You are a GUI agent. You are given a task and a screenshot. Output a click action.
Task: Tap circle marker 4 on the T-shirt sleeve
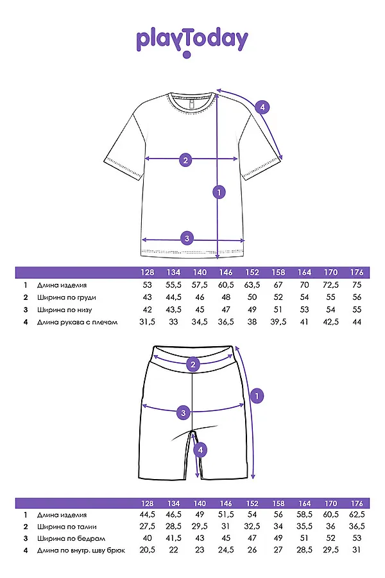(x=262, y=107)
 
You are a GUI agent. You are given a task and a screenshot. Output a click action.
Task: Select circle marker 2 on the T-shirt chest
(x=185, y=160)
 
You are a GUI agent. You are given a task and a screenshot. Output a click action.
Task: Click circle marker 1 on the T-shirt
(x=219, y=191)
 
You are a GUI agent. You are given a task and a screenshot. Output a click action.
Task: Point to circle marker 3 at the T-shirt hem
(x=187, y=238)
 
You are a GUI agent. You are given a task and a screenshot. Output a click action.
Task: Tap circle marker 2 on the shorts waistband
(x=193, y=365)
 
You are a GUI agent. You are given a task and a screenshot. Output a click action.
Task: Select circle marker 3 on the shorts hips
(x=184, y=412)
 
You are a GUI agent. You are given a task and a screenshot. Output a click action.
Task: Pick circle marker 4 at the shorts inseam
(x=201, y=450)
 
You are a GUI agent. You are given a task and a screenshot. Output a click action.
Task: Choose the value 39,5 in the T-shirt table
(x=278, y=322)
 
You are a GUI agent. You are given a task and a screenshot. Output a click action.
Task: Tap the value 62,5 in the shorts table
(x=357, y=514)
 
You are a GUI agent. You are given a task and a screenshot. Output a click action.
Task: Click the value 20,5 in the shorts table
(x=147, y=551)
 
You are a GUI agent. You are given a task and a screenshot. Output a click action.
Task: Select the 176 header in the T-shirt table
(x=357, y=272)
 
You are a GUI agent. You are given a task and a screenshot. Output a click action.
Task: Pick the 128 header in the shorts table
(x=147, y=503)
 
